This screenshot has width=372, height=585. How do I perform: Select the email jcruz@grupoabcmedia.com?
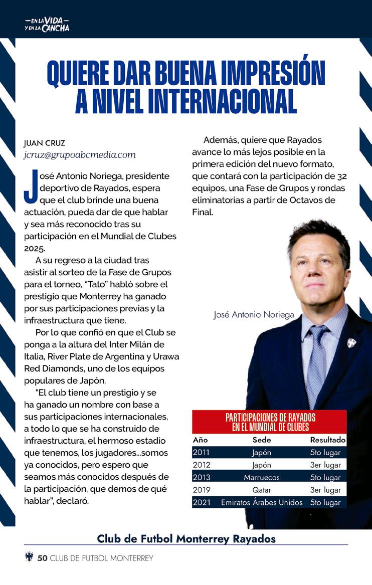point(80,155)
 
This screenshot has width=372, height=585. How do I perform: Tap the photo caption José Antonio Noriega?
point(254,315)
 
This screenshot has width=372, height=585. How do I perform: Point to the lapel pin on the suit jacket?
point(351,343)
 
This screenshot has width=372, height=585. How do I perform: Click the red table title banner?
point(270,422)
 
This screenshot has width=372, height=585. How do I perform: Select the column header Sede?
point(261,440)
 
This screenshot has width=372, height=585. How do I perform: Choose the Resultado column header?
point(328,440)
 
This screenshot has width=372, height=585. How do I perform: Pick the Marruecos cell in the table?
point(261,478)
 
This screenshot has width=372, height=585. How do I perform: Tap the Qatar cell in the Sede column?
point(261,490)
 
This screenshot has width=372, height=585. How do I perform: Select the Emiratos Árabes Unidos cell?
point(261,502)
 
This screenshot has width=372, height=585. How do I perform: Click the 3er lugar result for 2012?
point(325,465)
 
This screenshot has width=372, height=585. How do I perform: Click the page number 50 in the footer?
point(42,558)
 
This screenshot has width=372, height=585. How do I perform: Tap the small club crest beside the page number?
point(29,557)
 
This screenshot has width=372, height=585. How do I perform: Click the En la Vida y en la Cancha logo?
point(47,24)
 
